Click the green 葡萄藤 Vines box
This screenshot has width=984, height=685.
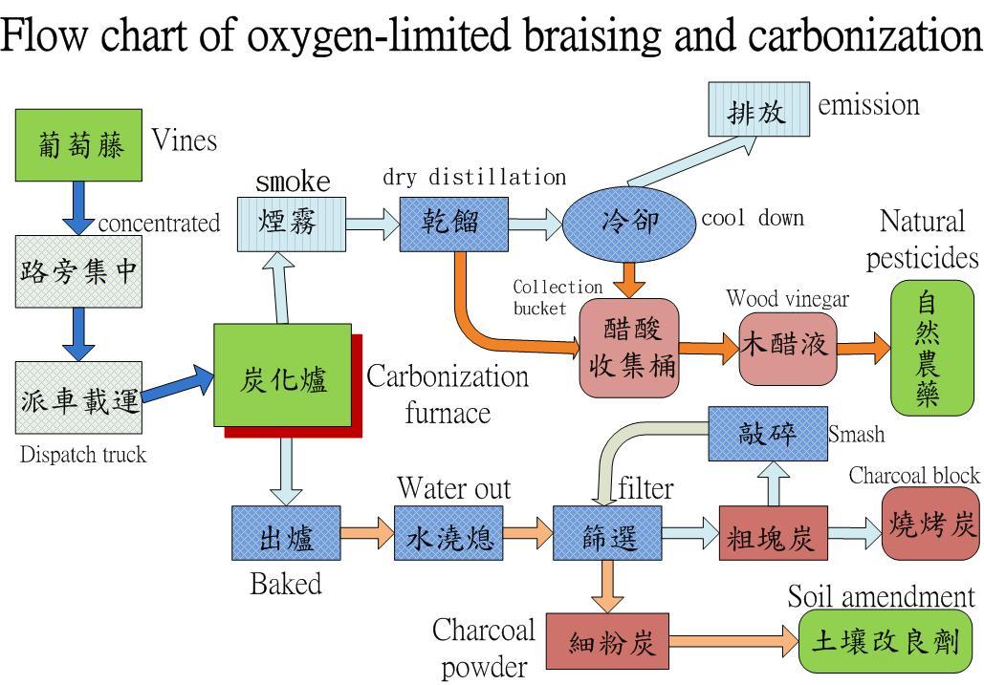coord(79,145)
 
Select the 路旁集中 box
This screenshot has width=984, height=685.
coord(78,271)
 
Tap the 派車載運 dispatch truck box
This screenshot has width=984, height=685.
coord(78,398)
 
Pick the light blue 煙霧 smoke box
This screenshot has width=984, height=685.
coord(292,223)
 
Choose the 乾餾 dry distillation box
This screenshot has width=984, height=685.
coord(453,224)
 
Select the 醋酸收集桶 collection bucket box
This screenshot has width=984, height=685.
coord(628,349)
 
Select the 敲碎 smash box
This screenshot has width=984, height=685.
coord(767,433)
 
